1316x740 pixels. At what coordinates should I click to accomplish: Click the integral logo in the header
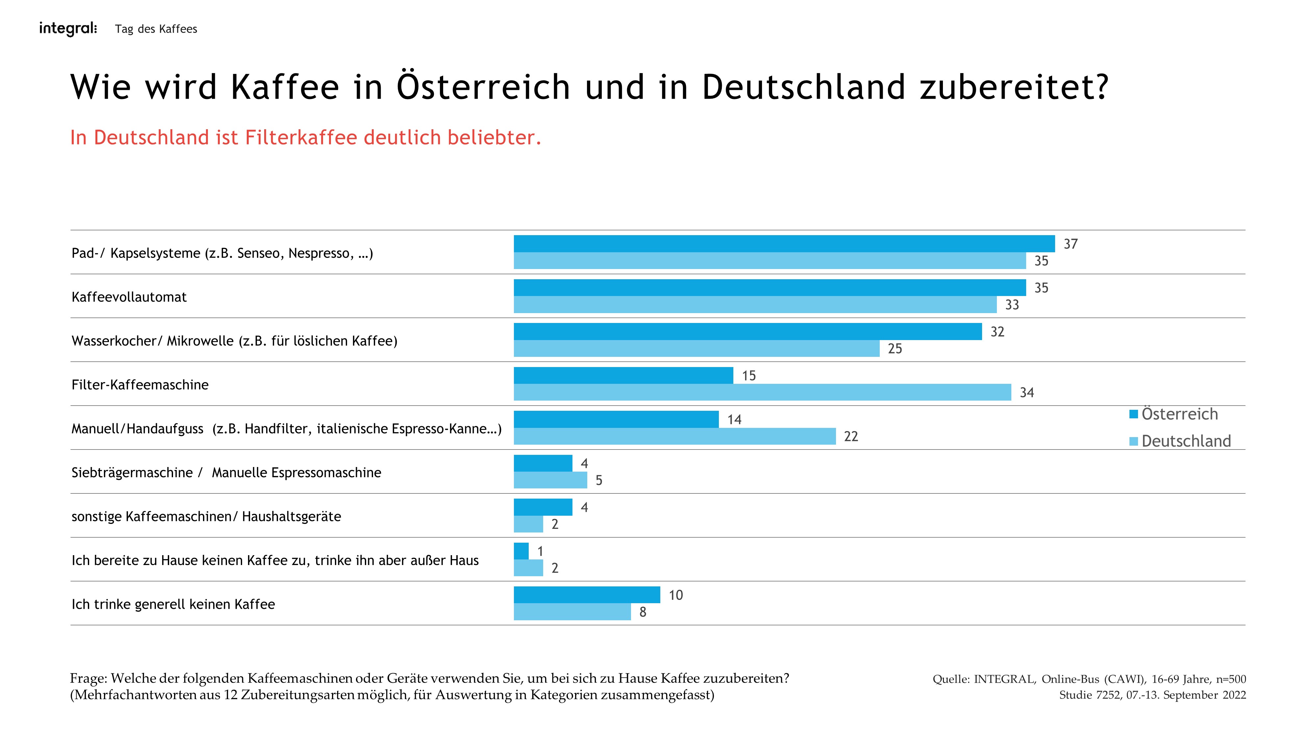click(x=68, y=29)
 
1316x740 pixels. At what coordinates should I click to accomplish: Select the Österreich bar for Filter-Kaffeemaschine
click(x=623, y=375)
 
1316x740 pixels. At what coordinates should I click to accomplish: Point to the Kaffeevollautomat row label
click(x=129, y=297)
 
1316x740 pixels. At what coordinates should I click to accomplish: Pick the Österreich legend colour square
click(x=1134, y=414)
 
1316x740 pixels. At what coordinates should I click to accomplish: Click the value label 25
click(x=895, y=349)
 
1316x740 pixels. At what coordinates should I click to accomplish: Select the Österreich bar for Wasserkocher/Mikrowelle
click(x=747, y=332)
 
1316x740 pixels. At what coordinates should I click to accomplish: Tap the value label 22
click(x=850, y=437)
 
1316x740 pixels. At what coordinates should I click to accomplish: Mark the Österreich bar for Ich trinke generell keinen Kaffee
click(x=587, y=595)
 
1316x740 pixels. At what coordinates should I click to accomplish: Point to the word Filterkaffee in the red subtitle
click(x=301, y=138)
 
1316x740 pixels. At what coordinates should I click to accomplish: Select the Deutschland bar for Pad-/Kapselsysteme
click(x=770, y=261)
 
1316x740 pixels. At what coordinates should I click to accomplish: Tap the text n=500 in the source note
click(x=1231, y=679)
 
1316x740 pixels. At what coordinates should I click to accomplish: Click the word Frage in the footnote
click(x=88, y=679)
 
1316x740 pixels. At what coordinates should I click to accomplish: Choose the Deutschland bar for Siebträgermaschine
click(x=550, y=480)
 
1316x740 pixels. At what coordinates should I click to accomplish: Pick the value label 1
click(x=540, y=552)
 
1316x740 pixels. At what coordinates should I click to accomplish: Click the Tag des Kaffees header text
click(x=156, y=29)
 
